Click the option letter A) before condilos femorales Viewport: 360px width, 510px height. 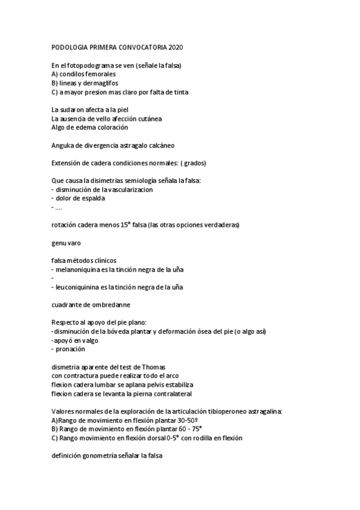[x=55, y=74]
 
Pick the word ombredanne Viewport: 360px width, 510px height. [x=111, y=305]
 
